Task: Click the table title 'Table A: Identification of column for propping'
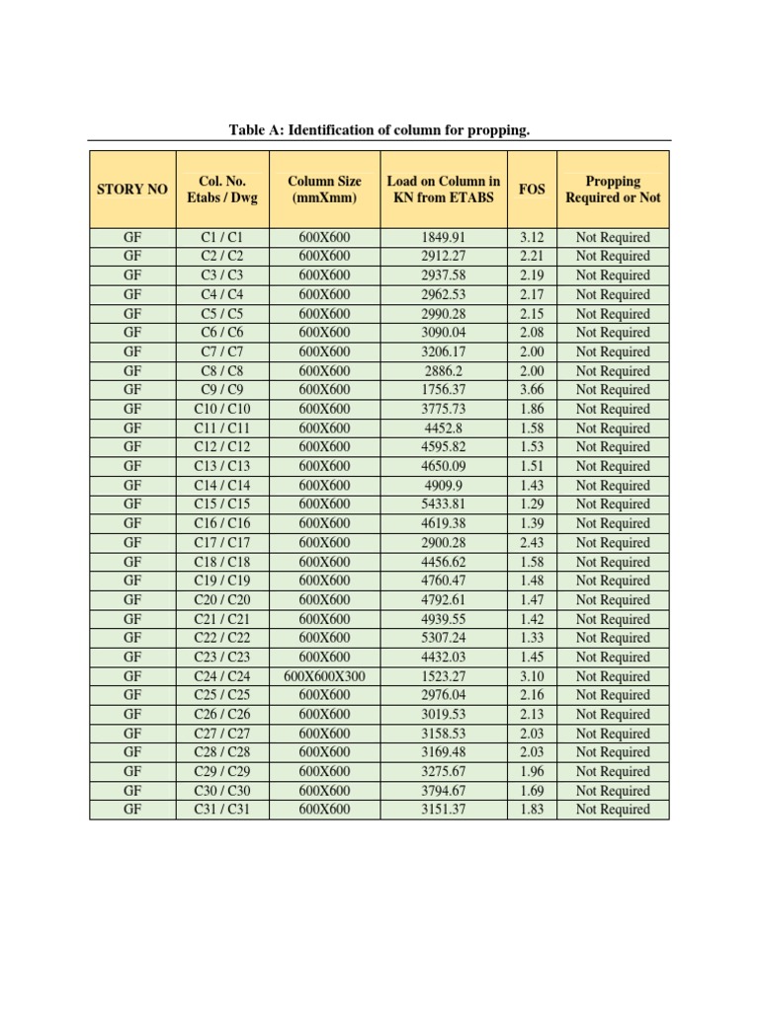(x=379, y=129)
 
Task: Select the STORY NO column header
(x=132, y=190)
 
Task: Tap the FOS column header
(x=532, y=190)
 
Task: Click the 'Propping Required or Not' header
(x=613, y=190)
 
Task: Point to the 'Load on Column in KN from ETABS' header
(x=443, y=190)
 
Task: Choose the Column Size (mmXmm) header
(x=324, y=190)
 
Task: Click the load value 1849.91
(x=443, y=238)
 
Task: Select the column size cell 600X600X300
(x=324, y=676)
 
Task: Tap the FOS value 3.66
(x=532, y=390)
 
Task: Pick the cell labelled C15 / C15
(x=221, y=505)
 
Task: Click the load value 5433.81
(x=443, y=505)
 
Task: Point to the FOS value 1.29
(x=532, y=505)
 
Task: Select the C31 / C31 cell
(x=221, y=810)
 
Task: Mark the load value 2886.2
(x=443, y=371)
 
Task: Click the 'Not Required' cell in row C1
(x=613, y=238)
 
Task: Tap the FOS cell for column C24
(x=532, y=676)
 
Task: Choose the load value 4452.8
(x=443, y=428)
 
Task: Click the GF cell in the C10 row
(x=132, y=409)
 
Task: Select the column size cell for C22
(x=324, y=638)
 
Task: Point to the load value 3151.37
(x=443, y=810)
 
